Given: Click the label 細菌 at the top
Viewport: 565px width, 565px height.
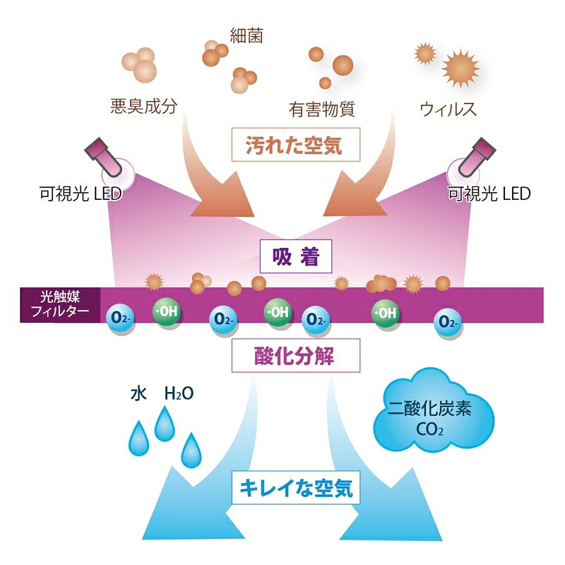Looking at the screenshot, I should point(246,35).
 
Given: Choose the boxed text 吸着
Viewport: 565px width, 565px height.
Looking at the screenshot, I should point(295,258).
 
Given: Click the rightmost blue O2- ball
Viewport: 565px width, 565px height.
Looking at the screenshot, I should point(447,321).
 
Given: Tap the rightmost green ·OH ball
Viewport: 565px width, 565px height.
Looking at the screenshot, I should point(385,311).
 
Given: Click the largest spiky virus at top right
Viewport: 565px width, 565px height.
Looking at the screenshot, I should point(460,69).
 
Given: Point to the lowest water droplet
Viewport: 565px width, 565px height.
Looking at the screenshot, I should point(191,450).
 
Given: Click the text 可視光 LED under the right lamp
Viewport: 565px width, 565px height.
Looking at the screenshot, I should point(489,194).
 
